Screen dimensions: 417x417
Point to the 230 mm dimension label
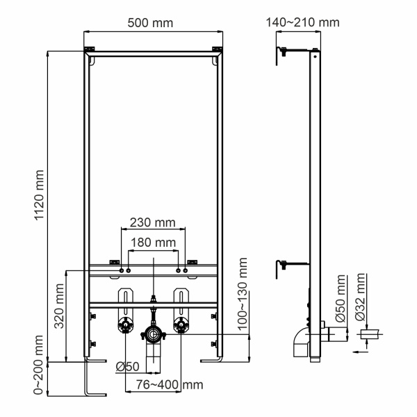coord(152,224)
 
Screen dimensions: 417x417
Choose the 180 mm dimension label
coord(152,243)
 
